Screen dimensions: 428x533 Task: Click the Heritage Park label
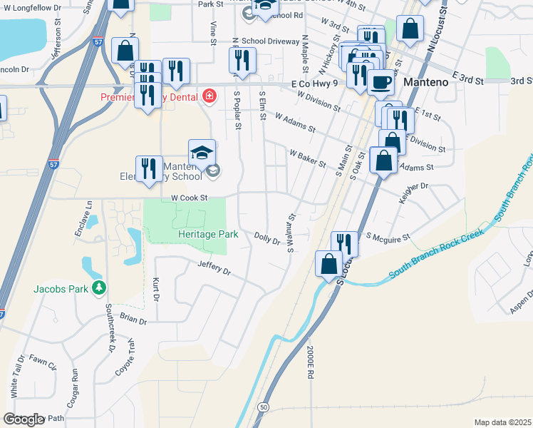(x=207, y=234)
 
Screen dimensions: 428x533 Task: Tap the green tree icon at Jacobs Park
(x=100, y=288)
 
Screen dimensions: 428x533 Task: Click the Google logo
(x=24, y=419)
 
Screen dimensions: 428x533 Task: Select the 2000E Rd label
(x=311, y=363)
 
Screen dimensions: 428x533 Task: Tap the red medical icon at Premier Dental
(x=209, y=96)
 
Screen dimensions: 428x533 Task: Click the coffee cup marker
(x=380, y=82)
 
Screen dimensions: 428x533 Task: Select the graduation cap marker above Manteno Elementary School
(x=202, y=151)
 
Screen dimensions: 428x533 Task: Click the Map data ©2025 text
(x=502, y=422)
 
